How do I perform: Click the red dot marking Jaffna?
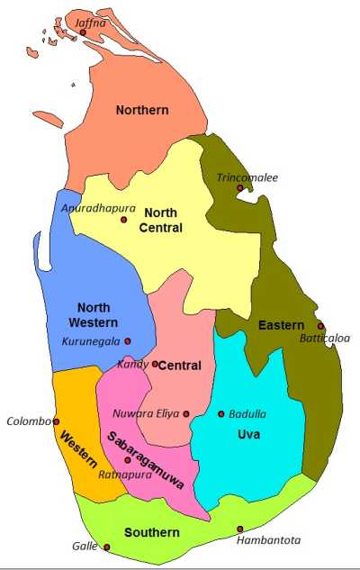pos(83,32)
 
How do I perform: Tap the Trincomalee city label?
pos(247,177)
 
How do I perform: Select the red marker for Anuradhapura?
pos(124,220)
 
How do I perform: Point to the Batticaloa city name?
pos(325,339)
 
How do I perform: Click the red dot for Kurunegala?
pos(128,341)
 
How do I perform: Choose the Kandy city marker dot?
pos(155,365)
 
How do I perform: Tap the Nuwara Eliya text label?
pos(145,414)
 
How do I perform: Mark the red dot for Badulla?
pos(221,414)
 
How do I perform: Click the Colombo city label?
pos(28,421)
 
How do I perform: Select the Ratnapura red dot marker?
pos(128,460)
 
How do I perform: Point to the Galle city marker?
pos(106,547)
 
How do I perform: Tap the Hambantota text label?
pos(268,540)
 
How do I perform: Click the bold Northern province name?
pos(142,110)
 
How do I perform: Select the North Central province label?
pos(161,221)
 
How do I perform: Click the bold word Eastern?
pos(281,325)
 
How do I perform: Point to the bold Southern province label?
pos(152,532)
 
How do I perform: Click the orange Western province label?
pos(77,456)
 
